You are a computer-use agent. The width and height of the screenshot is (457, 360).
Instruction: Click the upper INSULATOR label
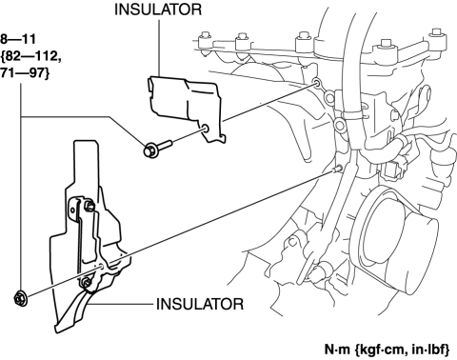click(x=158, y=10)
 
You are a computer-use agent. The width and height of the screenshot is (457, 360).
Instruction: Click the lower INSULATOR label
click(x=200, y=304)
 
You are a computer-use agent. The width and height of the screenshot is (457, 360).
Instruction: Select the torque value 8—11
click(x=18, y=39)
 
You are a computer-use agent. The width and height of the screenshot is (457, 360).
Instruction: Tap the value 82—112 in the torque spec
click(x=32, y=56)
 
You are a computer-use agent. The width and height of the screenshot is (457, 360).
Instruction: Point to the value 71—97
click(x=22, y=73)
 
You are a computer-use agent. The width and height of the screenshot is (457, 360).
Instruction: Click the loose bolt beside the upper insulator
click(x=157, y=149)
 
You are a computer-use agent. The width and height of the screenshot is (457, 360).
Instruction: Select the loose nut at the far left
click(x=21, y=298)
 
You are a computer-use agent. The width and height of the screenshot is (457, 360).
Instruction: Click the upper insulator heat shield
click(x=187, y=105)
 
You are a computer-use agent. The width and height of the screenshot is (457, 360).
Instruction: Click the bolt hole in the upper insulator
click(x=206, y=129)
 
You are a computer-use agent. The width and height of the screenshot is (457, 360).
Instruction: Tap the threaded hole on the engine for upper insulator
click(x=316, y=84)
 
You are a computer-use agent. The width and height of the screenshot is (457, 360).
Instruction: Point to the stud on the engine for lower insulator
click(x=338, y=169)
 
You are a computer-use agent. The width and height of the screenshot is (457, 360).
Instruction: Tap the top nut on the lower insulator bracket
click(x=89, y=207)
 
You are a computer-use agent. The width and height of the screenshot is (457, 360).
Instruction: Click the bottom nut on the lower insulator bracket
click(x=86, y=283)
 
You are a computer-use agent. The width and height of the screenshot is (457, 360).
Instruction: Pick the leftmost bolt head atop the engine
click(x=204, y=40)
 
